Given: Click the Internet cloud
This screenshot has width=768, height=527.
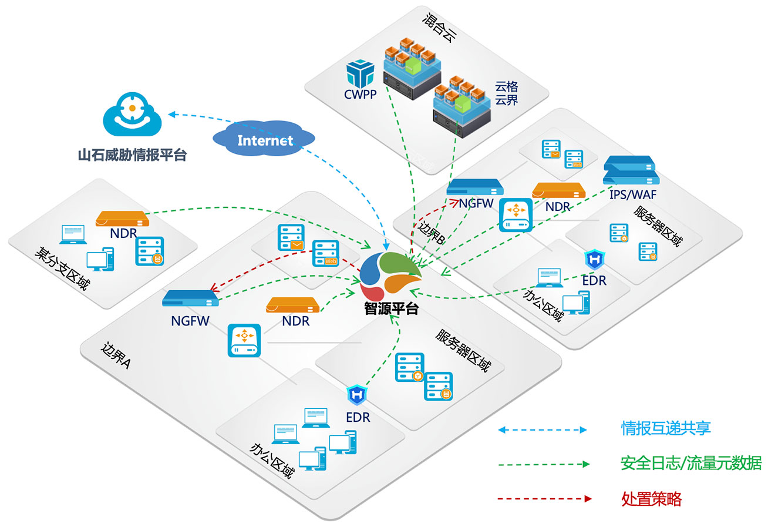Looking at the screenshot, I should [265, 140].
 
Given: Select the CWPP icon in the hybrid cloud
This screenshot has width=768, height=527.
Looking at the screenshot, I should [360, 75].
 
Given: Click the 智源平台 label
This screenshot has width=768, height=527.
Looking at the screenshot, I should [390, 308].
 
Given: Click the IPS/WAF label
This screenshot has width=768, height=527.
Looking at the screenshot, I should [632, 193].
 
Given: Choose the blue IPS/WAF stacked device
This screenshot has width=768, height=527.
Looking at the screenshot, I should [629, 170].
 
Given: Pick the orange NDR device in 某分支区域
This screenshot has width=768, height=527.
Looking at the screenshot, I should [122, 219].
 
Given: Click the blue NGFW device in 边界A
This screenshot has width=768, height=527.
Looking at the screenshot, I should [190, 298].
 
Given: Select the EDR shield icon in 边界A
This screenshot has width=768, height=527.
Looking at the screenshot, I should [356, 395].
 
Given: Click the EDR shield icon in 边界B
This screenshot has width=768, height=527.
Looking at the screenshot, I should [594, 260].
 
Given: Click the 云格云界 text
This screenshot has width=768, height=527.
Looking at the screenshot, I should [506, 93].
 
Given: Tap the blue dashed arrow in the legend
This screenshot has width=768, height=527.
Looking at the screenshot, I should [543, 430].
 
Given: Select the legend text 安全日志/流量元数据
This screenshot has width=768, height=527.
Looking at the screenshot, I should [690, 464].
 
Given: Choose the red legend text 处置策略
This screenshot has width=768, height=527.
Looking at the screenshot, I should [651, 499].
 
